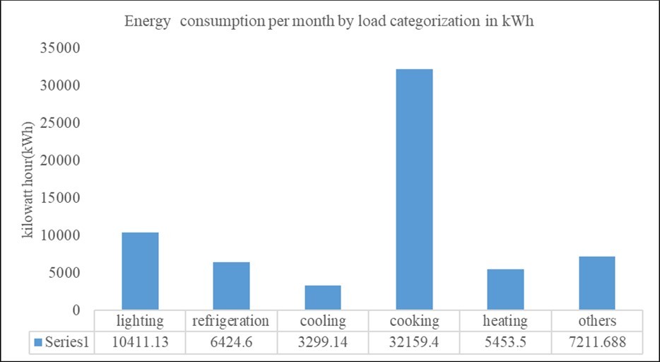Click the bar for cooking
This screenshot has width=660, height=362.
(x=414, y=189)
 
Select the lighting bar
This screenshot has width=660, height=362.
(x=140, y=271)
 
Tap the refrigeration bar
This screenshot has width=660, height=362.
(x=231, y=286)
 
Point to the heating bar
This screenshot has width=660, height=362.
(x=505, y=289)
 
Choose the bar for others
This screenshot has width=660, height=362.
(x=596, y=283)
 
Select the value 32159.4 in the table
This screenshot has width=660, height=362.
(x=414, y=341)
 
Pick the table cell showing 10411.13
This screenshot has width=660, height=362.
(x=140, y=341)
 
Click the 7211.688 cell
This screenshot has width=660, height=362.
(x=597, y=341)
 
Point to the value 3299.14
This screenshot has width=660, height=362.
(x=323, y=341)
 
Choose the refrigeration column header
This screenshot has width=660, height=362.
(x=231, y=321)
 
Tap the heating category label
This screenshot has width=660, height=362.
(x=505, y=321)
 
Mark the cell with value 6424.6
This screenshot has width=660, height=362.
(x=231, y=341)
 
